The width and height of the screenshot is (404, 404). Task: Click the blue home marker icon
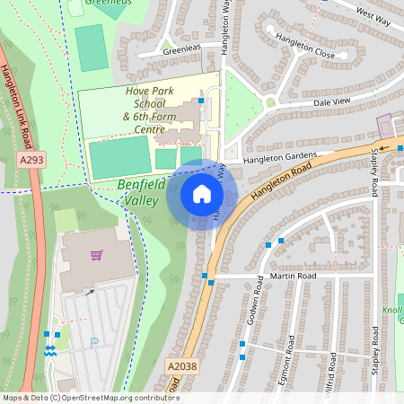pos(202,194)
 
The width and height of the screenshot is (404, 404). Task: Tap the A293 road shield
pos(31,161)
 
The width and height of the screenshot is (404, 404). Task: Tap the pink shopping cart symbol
pos(96,255)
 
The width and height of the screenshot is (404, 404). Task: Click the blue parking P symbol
pos(94,341)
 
